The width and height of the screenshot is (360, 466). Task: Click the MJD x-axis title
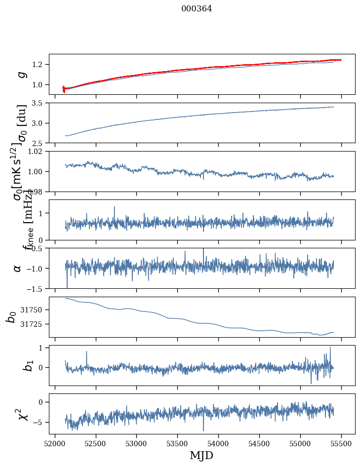click(201, 455)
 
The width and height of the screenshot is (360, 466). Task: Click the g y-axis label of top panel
click(21, 74)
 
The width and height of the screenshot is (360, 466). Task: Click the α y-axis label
click(18, 268)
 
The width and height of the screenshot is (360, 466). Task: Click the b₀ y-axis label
click(11, 317)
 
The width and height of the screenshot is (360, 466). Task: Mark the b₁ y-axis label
click(15, 365)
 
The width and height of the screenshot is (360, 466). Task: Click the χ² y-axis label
click(17, 414)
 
